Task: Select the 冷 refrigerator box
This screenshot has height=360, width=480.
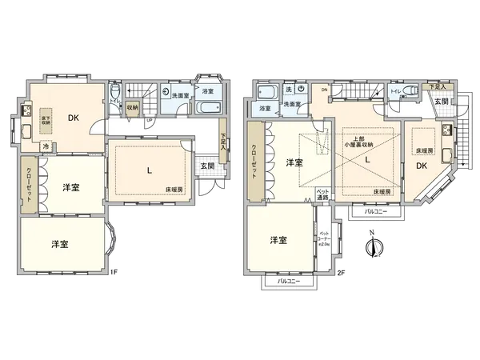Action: point(46,147)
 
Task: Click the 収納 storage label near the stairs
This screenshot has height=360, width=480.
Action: point(132,106)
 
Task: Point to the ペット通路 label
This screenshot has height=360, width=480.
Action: point(323,194)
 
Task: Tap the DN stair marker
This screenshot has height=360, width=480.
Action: point(323,91)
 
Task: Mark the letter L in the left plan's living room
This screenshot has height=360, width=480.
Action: point(149,170)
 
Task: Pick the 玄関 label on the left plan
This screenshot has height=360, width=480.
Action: point(206,166)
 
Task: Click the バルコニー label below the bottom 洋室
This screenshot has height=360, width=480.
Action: point(289,282)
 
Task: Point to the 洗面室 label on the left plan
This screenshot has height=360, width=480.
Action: point(181,96)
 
